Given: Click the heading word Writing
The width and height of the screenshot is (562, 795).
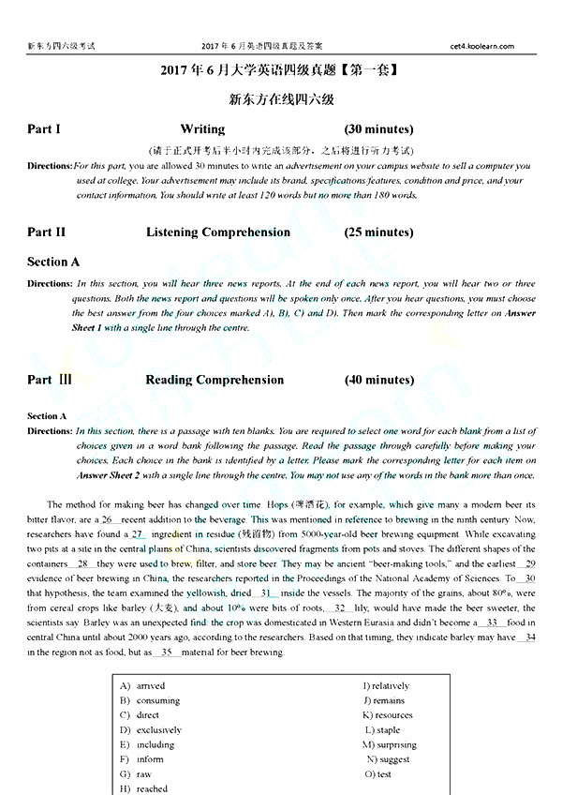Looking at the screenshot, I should tap(202, 129).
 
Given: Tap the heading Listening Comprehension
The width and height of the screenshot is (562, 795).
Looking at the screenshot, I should tap(218, 232).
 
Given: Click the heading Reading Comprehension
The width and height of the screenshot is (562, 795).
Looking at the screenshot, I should tap(214, 380).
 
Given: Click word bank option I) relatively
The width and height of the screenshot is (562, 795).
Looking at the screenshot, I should tap(386, 686).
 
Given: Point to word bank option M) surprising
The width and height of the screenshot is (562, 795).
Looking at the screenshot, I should tap(388, 744).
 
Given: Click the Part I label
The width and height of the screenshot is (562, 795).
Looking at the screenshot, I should tap(44, 129).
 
